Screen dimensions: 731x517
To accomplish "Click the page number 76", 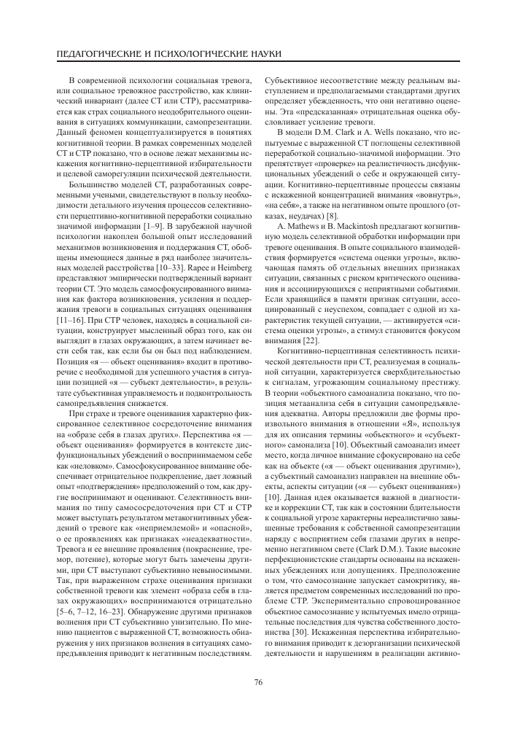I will [x=258, y=682].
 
